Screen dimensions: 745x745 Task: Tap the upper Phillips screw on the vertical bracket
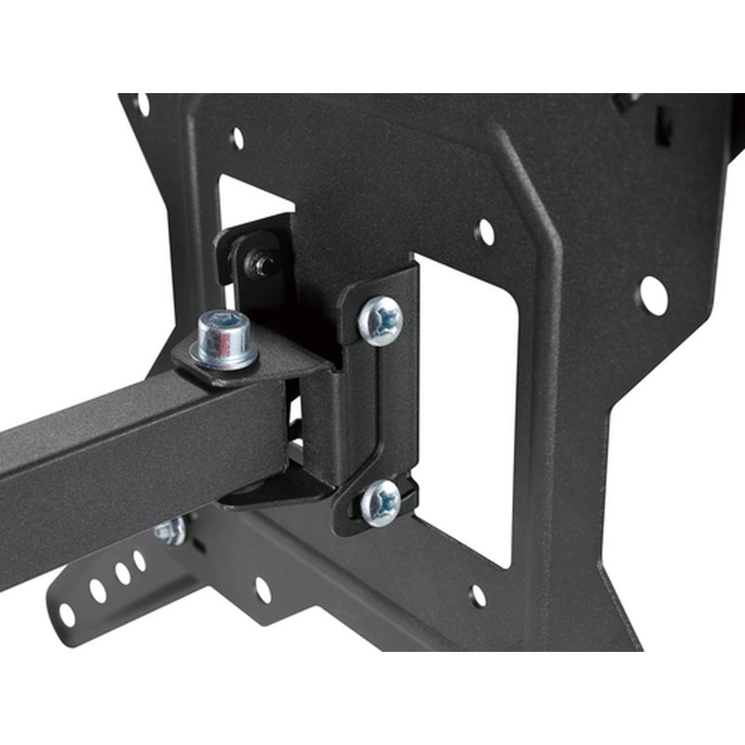(x=381, y=319)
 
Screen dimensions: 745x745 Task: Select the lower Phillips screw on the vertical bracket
(x=381, y=502)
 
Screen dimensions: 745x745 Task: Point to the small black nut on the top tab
(x=264, y=265)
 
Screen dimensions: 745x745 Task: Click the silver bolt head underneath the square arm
(x=170, y=531)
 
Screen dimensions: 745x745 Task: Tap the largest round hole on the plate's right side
(x=652, y=295)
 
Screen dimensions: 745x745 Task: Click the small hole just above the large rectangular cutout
(x=484, y=232)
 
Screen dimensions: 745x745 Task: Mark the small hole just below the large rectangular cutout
(x=478, y=594)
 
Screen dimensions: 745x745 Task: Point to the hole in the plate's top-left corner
(x=142, y=104)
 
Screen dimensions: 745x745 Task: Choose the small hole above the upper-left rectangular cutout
(x=237, y=139)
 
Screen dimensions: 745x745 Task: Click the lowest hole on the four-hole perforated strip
(x=67, y=614)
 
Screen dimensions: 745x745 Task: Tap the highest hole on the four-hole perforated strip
(x=140, y=560)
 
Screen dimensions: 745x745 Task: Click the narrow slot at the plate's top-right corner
(x=663, y=126)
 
